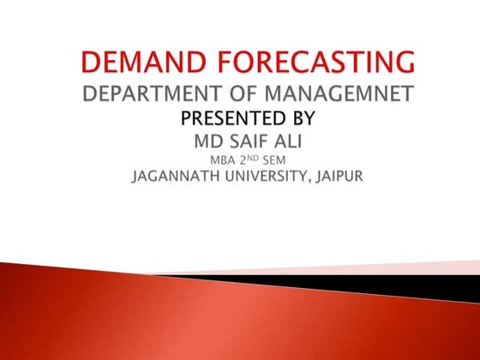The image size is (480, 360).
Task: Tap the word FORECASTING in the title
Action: pos(315,63)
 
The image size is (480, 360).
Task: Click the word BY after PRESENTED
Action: pos(303,117)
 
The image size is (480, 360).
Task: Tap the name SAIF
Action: pos(258,139)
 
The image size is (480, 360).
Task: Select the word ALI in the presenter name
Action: pos(307,139)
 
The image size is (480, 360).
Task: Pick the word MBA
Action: pos(223,159)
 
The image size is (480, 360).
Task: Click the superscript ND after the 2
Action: pos(256,157)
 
